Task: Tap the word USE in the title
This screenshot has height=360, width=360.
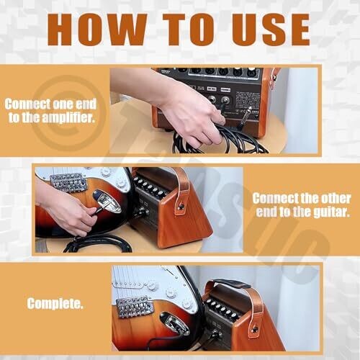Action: [271, 30]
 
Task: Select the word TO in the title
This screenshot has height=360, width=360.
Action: [189, 30]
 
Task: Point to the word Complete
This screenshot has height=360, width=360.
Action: [55, 304]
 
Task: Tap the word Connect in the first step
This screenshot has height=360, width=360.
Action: [27, 104]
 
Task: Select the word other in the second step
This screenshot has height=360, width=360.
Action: [336, 199]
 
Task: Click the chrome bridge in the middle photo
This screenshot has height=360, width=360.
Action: [68, 183]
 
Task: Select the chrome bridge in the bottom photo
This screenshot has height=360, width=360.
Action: [135, 307]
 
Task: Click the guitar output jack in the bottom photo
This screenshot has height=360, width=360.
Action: [175, 323]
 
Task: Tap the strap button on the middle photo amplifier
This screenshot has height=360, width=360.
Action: [181, 207]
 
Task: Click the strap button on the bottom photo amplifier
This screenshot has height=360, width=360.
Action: [256, 330]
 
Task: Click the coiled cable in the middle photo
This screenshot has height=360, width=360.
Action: [99, 243]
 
